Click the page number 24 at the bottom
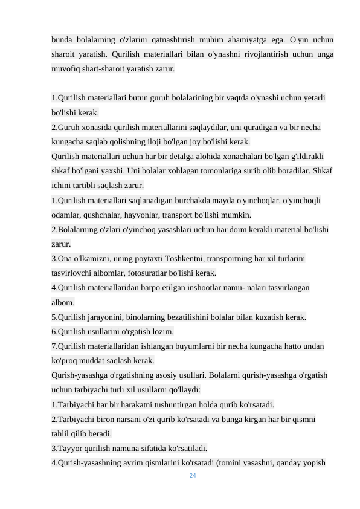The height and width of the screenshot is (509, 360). click(x=193, y=476)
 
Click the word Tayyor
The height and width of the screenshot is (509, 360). click(x=66, y=449)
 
